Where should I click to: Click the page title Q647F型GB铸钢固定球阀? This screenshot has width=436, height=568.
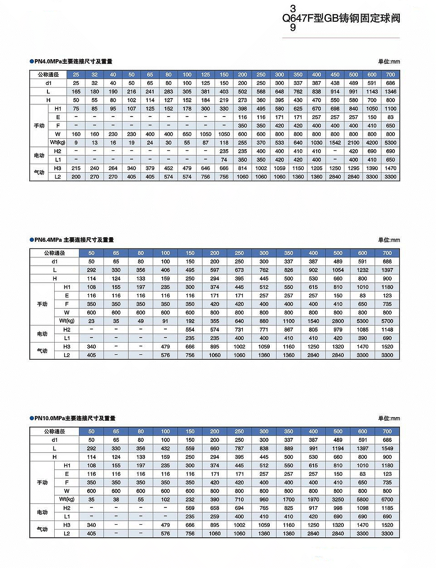[x=341, y=19]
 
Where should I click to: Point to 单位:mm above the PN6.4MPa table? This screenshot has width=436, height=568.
[x=389, y=240]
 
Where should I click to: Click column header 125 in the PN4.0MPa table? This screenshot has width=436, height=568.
[x=206, y=75]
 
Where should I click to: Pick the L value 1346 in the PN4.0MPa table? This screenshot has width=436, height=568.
[x=390, y=92]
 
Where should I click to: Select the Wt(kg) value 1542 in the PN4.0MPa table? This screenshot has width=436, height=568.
[x=335, y=143]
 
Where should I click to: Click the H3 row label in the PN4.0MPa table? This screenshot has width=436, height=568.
[x=57, y=168]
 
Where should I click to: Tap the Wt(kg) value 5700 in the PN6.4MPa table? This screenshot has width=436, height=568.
[x=387, y=321]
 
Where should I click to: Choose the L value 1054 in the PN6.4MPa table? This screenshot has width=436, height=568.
[x=338, y=270]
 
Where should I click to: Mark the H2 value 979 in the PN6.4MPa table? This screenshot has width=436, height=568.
[x=338, y=330]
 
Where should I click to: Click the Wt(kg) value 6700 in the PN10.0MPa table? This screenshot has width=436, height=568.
[x=387, y=500]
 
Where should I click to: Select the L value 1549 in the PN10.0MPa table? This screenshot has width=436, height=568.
[x=387, y=449]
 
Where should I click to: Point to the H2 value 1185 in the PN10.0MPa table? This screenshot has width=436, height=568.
[x=387, y=508]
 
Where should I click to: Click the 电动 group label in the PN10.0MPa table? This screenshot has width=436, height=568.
[x=42, y=512]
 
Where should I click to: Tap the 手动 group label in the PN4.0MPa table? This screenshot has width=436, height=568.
[x=39, y=126]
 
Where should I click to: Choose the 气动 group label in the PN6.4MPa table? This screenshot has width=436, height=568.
[x=42, y=351]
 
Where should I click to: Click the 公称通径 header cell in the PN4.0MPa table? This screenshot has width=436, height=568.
[x=48, y=75]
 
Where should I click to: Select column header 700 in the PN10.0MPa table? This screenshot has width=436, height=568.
[x=387, y=432]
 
